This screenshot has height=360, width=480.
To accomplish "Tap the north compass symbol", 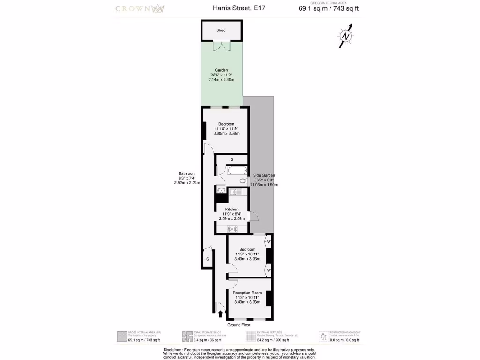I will click(345, 37).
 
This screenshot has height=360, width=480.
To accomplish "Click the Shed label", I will click(221, 30).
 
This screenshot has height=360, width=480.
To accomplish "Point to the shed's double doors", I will click(221, 45).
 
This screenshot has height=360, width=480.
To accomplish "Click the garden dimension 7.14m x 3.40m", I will click(222, 80).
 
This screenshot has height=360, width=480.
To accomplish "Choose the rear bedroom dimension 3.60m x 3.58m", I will click(226, 134).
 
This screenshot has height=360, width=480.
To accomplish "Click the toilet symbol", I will click(243, 180).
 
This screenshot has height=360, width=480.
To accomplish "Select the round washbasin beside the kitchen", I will click(221, 190).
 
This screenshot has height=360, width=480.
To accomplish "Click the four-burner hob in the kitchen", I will click(232, 229).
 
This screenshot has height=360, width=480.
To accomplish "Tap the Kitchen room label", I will click(232, 209).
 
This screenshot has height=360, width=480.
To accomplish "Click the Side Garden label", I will click(263, 175).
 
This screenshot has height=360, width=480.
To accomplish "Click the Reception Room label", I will click(247, 292).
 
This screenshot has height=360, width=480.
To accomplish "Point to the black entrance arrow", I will click(221, 314).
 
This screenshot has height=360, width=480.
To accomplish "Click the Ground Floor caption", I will click(239, 325).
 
